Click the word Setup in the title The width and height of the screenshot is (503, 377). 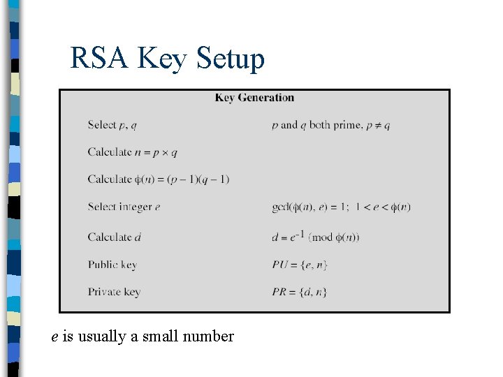click(231, 60)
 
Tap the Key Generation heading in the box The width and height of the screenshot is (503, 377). click(254, 98)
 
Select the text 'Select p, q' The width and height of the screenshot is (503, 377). click(112, 126)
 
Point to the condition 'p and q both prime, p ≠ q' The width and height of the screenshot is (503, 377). click(330, 126)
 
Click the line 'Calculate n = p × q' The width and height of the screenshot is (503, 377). click(133, 152)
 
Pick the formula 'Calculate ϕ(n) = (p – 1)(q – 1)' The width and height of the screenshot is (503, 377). click(159, 179)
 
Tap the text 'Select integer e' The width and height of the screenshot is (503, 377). click(124, 207)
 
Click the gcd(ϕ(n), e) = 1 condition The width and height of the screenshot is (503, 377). click(341, 207)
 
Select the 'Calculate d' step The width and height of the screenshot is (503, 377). click(115, 237)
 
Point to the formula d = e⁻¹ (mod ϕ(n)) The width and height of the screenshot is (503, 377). click(316, 237)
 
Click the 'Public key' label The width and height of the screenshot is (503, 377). click(112, 265)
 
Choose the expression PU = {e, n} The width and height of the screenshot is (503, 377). click(300, 265)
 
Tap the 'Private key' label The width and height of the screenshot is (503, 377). click(114, 293)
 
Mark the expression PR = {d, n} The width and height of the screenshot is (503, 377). click(300, 293)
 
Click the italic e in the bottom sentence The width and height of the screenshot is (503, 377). click(55, 337)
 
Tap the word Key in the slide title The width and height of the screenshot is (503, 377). click(162, 60)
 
